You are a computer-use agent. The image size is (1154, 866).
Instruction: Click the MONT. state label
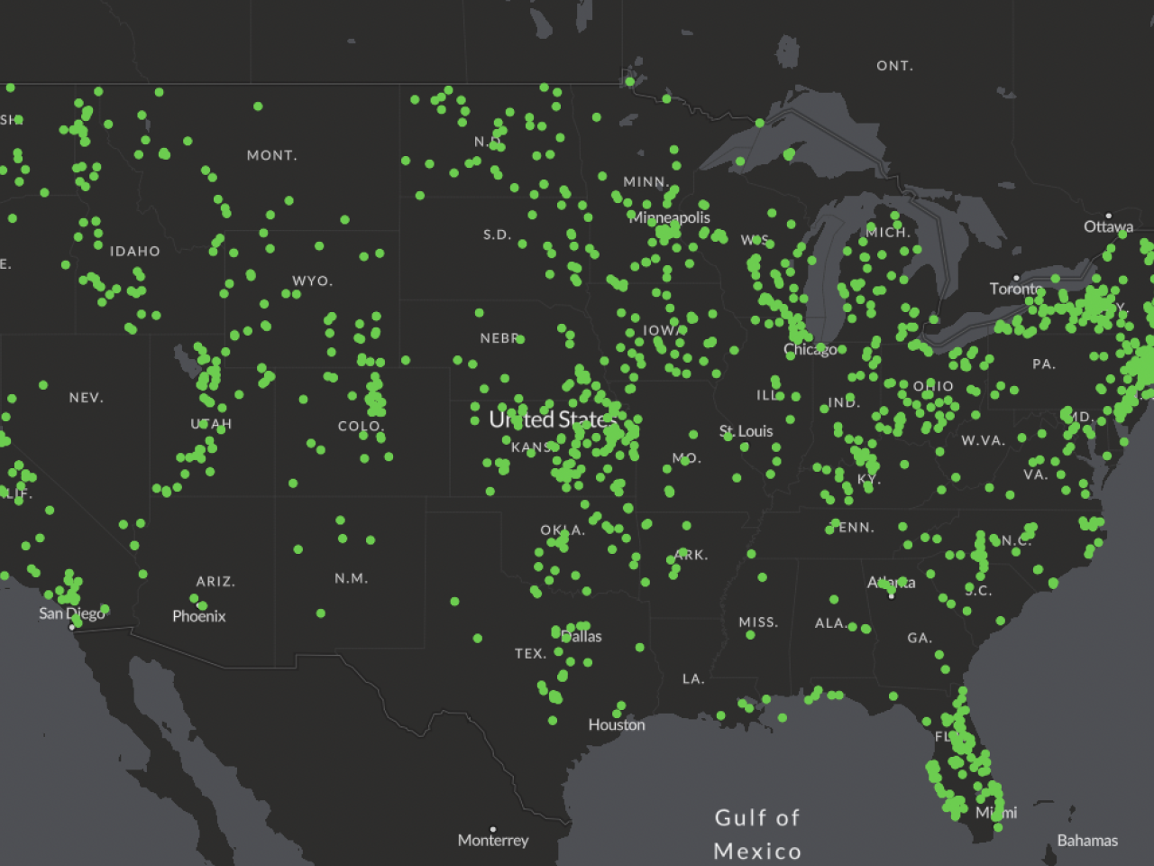click(x=271, y=156)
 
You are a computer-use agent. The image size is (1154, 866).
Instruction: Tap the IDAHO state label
click(x=134, y=252)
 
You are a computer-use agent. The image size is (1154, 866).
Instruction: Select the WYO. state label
click(x=312, y=281)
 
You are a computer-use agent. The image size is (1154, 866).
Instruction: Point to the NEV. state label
click(x=87, y=398)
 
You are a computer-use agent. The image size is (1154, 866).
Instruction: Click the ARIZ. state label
click(x=215, y=582)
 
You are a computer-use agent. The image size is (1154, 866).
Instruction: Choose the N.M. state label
click(x=351, y=578)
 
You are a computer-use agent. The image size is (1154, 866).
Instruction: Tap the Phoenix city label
click(x=199, y=616)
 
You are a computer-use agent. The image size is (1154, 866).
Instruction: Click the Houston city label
click(x=617, y=725)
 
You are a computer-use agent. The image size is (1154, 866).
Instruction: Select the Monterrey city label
click(x=493, y=841)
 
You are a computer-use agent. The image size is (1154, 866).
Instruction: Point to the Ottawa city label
click(x=1108, y=226)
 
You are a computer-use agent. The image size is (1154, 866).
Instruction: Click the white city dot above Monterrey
click(x=493, y=829)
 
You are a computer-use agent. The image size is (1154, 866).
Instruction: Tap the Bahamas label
click(x=1087, y=841)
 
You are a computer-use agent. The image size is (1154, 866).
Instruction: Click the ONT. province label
click(x=894, y=66)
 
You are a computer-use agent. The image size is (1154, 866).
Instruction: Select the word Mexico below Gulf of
click(x=757, y=852)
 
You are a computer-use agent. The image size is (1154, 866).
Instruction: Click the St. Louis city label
click(x=746, y=431)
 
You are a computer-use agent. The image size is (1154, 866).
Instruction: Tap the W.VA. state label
click(x=983, y=441)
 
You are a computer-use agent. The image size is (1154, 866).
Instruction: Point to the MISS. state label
click(x=758, y=622)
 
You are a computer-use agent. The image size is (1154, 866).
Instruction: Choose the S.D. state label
click(x=497, y=235)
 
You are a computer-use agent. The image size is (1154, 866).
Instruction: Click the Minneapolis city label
click(x=670, y=218)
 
